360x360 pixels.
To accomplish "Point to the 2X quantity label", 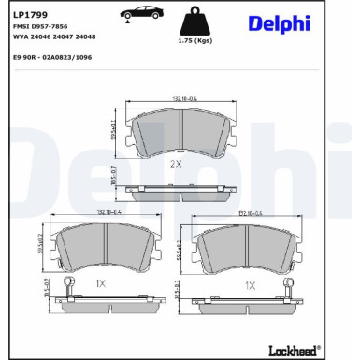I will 175,164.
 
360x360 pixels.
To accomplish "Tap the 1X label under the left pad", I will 100,283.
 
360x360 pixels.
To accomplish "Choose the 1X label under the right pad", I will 250,286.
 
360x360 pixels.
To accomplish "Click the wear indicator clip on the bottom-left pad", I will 65,287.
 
